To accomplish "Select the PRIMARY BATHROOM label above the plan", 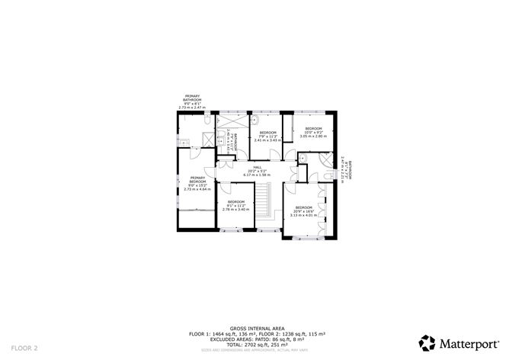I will [192, 98].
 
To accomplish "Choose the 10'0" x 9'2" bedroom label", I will [314, 128].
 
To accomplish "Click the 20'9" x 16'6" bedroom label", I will [303, 207].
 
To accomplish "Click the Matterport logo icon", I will [428, 342].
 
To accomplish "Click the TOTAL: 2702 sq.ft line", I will [254, 345].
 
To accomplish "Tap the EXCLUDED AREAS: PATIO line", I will [254, 339].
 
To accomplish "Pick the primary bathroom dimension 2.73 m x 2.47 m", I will [192, 108].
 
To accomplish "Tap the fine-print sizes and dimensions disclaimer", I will [254, 350].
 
